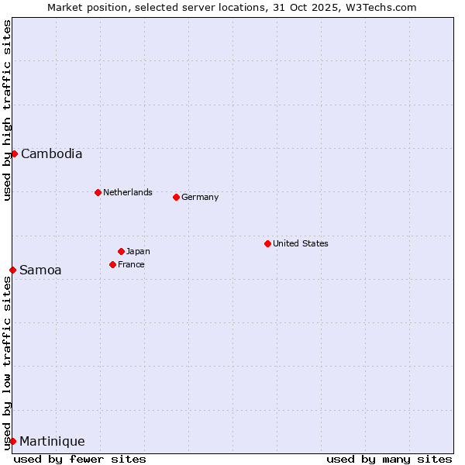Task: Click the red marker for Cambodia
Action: click(14, 153)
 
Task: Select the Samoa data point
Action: click(12, 270)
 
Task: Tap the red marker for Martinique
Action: click(12, 441)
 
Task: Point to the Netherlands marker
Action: click(98, 192)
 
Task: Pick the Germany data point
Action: click(176, 197)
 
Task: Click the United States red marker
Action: click(267, 243)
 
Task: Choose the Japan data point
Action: click(121, 251)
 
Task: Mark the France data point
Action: click(112, 264)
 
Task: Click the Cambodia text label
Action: click(51, 153)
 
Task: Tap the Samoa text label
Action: click(40, 270)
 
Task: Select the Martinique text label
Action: click(52, 441)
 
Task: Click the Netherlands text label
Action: click(128, 192)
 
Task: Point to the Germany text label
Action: click(200, 197)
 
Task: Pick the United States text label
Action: click(301, 243)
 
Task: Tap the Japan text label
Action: click(138, 251)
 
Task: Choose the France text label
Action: click(131, 264)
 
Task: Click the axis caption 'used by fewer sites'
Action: click(80, 459)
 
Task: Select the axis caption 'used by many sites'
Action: click(389, 459)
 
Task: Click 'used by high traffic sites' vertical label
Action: click(7, 110)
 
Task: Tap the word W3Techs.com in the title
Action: click(381, 7)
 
